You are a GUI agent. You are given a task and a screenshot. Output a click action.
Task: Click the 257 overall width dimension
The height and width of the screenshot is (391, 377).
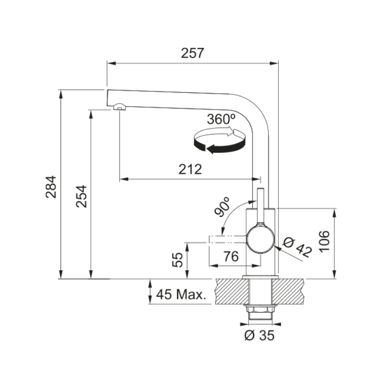[x=192, y=53]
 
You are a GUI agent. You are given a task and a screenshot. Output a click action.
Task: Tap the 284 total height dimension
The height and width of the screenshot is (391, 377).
[x=51, y=187]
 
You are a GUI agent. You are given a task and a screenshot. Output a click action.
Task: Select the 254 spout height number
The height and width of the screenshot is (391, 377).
[x=81, y=196]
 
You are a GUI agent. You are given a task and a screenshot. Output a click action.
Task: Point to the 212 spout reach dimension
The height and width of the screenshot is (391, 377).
[x=190, y=169]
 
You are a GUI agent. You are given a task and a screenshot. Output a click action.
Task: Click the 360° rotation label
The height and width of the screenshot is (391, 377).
[x=221, y=119]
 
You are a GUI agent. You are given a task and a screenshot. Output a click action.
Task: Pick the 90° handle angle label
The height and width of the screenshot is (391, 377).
[x=222, y=207]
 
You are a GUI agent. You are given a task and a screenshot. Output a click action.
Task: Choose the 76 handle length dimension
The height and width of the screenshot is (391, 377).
[x=231, y=257]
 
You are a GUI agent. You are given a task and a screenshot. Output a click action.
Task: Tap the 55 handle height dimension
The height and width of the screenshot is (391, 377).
[x=178, y=260]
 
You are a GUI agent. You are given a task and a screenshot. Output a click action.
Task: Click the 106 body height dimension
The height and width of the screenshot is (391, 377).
[x=324, y=241]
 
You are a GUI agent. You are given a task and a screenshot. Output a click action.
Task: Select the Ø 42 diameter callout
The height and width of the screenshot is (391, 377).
[x=298, y=248]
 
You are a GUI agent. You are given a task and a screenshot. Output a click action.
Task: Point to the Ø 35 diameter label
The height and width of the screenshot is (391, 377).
[x=259, y=335]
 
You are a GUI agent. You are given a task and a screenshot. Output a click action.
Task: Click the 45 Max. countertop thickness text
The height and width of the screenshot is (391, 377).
[x=181, y=294]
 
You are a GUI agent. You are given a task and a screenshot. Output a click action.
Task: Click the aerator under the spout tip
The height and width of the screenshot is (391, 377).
[x=120, y=107]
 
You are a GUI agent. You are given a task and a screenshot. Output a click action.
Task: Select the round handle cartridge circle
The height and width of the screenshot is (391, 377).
[x=260, y=239]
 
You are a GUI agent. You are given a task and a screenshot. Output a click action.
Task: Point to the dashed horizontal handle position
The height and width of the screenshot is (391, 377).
[x=228, y=239]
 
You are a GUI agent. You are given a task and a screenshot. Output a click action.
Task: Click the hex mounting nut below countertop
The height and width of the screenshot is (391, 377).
[x=260, y=310]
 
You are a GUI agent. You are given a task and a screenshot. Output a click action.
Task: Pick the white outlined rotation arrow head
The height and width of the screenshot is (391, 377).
[x=233, y=131]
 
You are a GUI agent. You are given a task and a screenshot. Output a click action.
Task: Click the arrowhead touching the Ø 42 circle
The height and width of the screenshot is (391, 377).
[x=277, y=248]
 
